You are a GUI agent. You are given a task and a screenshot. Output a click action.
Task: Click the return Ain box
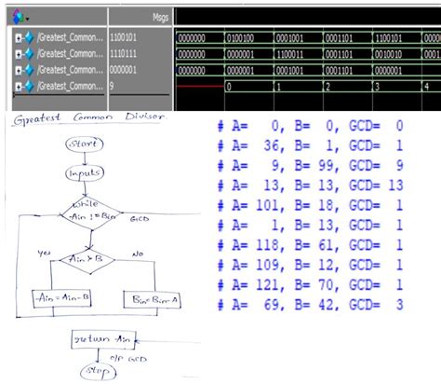pos(96,340)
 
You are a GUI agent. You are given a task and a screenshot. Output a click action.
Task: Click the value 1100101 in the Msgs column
pos(128,39)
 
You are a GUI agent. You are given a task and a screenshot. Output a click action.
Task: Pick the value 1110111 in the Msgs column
pos(128,54)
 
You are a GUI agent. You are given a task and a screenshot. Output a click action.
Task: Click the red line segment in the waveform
pos(200,85)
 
